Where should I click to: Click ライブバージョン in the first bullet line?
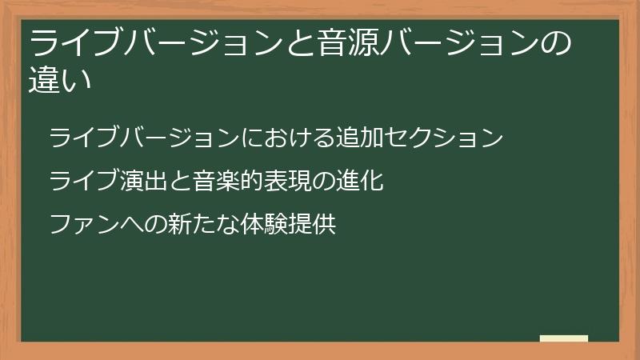coord(144,138)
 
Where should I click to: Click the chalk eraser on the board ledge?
coord(564,338)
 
